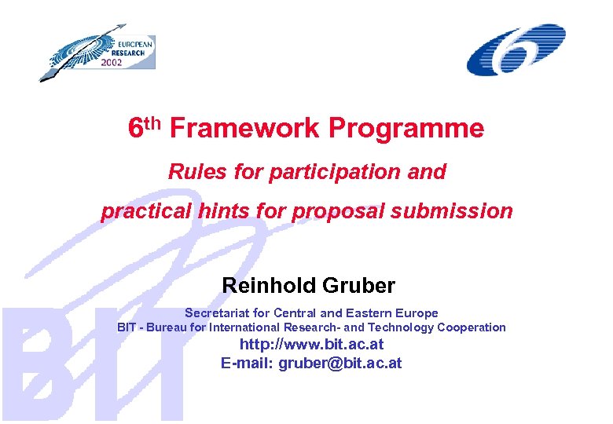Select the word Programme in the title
coord(406,128)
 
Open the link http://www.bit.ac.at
coord(311,345)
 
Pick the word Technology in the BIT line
coord(400,327)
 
